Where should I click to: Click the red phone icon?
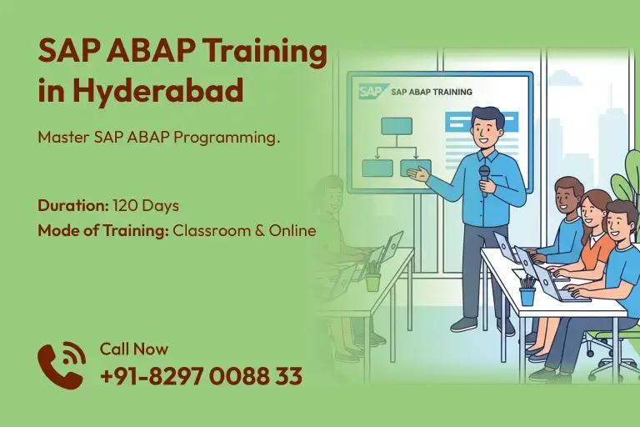point(61,366)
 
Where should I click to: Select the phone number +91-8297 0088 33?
point(201,376)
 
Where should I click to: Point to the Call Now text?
point(133,349)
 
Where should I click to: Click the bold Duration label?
point(72,205)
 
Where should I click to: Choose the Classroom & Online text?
point(244,230)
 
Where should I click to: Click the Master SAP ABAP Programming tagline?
point(158,138)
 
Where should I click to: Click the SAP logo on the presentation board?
point(371,91)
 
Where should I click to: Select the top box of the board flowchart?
point(397,126)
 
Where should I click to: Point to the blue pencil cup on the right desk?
point(527,294)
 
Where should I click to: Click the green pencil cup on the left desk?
point(372,281)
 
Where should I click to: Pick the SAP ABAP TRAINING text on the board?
point(431,92)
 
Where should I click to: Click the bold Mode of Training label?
point(102,230)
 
